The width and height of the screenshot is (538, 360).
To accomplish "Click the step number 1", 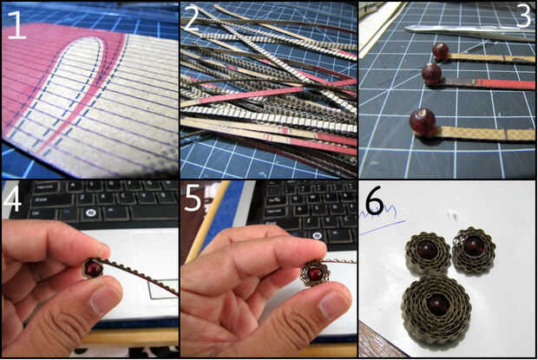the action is coord(16,25).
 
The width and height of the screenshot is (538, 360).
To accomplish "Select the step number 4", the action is coord(12,198).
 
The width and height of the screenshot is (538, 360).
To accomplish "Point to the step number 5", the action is coord(192,198).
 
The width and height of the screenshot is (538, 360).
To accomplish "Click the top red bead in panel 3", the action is coord(440,51).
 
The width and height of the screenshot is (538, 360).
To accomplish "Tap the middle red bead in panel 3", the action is coord(431,74).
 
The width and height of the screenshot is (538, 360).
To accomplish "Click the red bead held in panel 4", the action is coord(94,269).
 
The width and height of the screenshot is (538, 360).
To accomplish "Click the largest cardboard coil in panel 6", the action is coord(436,308).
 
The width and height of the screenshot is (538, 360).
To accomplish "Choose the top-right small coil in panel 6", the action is coord(474,250).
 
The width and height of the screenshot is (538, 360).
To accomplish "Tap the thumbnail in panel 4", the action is coord(105,299).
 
